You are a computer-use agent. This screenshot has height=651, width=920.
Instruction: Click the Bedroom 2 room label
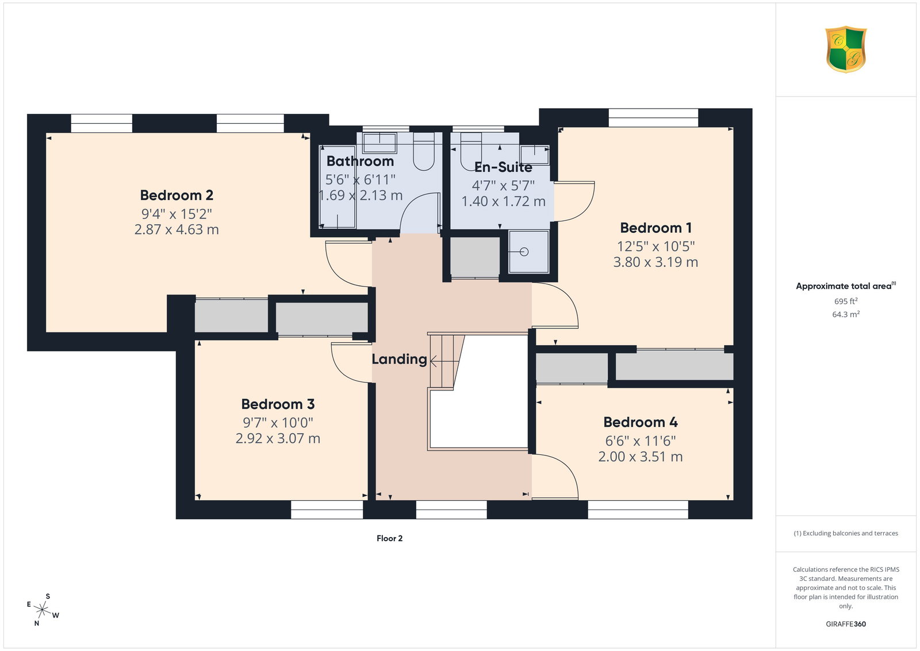point(177,195)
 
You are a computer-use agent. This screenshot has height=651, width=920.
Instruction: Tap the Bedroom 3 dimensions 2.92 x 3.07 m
point(278,438)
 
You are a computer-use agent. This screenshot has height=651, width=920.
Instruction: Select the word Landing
point(399,359)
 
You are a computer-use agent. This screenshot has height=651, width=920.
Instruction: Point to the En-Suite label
point(503,167)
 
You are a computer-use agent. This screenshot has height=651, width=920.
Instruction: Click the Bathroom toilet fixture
point(424,151)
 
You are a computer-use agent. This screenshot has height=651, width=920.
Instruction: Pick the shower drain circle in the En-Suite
point(524,252)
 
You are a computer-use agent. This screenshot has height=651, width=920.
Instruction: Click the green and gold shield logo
point(846,49)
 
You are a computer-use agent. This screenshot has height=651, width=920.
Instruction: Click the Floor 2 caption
point(389,538)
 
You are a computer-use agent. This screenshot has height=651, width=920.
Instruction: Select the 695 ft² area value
point(846,301)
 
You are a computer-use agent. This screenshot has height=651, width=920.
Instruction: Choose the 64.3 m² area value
point(846,314)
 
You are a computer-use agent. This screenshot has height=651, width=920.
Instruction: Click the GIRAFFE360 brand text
point(846,624)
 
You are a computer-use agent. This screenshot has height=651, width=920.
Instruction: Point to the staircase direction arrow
point(443,361)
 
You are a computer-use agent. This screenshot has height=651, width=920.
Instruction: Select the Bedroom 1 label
point(655,228)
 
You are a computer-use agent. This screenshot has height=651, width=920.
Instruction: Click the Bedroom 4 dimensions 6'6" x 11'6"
point(641,441)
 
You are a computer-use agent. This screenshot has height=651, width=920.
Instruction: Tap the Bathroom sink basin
point(379,143)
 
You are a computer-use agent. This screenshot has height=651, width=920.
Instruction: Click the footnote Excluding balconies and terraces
point(846,533)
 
